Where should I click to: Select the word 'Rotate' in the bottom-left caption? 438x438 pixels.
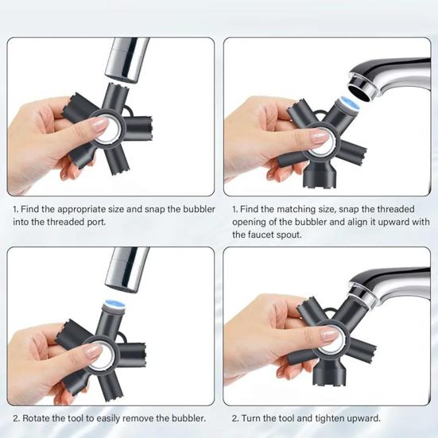pyautogui.click(x=36, y=418)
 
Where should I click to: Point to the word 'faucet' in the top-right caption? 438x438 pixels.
pyautogui.click(x=261, y=235)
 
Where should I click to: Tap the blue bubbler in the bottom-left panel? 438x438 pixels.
pyautogui.click(x=114, y=306)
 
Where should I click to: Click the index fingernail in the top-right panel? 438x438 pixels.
pyautogui.click(x=320, y=138)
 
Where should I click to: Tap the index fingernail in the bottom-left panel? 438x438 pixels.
pyautogui.click(x=93, y=351)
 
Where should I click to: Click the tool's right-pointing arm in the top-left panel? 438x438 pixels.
pyautogui.click(x=138, y=128)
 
